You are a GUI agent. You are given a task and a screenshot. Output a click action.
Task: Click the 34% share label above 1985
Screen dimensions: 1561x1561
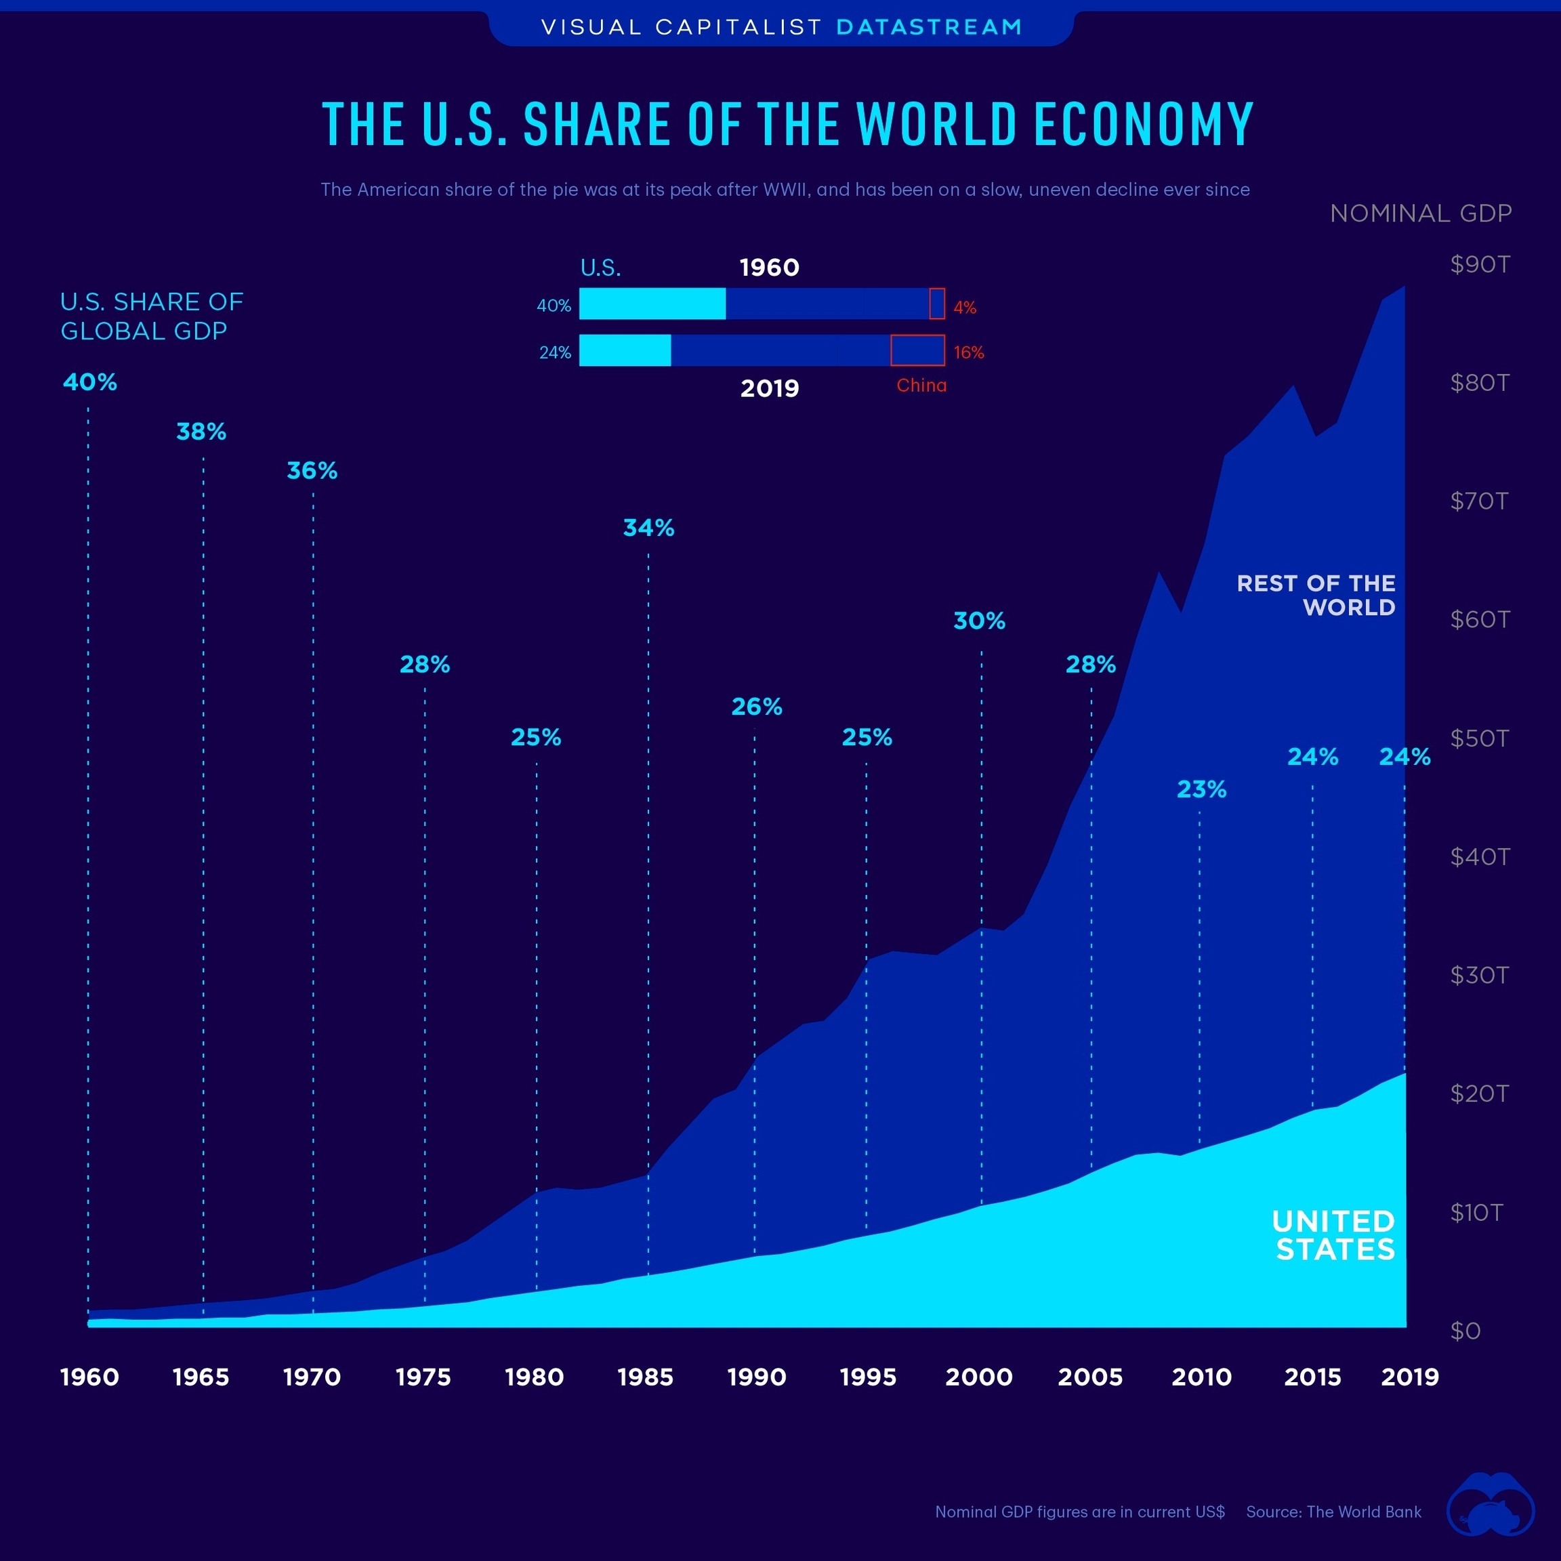[x=648, y=528]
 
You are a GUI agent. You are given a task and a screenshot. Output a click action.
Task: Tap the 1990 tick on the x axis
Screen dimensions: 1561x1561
[x=756, y=1377]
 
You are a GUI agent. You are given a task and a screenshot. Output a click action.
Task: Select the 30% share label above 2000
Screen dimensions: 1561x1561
[x=979, y=621]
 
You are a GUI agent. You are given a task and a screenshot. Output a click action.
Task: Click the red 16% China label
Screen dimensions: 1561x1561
[x=968, y=352]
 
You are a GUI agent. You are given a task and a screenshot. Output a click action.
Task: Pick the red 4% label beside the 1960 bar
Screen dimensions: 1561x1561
[x=965, y=307]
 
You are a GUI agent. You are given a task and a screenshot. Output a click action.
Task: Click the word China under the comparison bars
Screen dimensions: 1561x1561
[x=921, y=386]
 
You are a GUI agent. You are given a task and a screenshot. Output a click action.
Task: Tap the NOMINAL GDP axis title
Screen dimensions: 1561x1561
[x=1420, y=213]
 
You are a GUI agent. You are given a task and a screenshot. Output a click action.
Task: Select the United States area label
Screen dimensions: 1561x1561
[x=1334, y=1234]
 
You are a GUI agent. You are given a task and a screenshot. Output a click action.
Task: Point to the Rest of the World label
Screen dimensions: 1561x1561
[x=1316, y=595]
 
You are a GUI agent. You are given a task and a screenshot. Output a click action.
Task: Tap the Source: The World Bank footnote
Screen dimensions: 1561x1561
[x=1333, y=1512]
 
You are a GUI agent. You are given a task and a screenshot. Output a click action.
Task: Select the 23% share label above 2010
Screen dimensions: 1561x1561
[x=1201, y=789]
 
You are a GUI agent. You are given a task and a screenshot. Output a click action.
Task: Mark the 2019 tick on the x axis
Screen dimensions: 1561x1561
[x=1410, y=1377]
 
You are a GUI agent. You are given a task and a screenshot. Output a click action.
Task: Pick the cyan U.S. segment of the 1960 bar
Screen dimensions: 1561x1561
[x=652, y=304]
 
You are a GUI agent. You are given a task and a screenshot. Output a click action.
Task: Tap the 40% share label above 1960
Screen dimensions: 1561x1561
[x=89, y=382]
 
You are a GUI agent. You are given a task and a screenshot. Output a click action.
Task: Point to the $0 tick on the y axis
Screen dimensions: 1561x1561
[x=1465, y=1331]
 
